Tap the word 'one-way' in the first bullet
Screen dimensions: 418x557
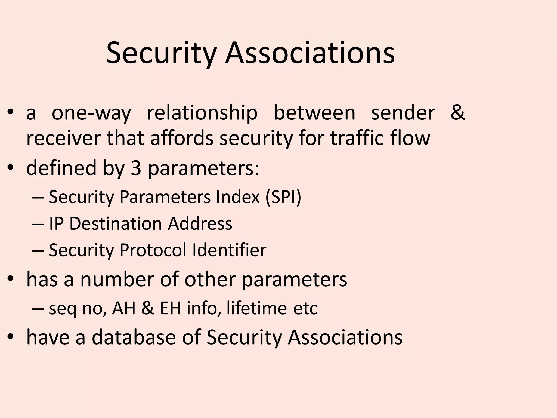91,113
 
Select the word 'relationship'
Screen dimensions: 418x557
202,113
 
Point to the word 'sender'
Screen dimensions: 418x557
403,113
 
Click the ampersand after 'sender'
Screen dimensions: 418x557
458,112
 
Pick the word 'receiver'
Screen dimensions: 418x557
64,138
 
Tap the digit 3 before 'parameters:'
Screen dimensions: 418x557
136,168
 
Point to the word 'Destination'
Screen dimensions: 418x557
116,224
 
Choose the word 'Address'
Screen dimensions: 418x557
200,224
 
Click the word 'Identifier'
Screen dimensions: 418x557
229,250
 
